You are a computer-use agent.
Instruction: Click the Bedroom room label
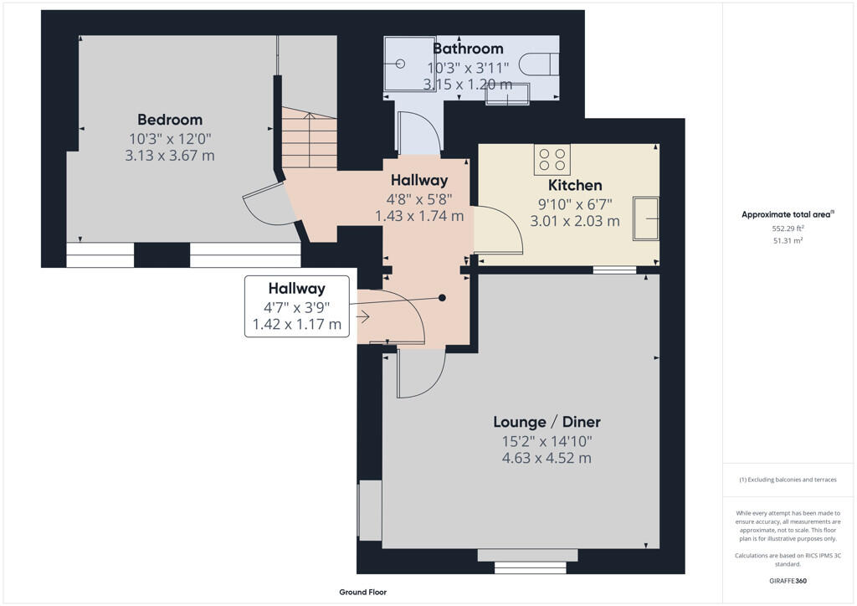click(x=170, y=120)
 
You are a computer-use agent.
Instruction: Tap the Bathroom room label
click(x=468, y=49)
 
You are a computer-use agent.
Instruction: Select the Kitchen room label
click(x=575, y=185)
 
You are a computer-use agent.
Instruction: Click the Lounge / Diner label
click(x=547, y=422)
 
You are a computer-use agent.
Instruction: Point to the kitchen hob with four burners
click(x=552, y=159)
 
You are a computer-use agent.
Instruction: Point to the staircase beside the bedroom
click(x=310, y=138)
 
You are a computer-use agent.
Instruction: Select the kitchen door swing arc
click(x=500, y=230)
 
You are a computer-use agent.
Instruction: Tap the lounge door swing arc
click(x=421, y=373)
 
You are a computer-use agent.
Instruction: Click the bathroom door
click(x=418, y=133)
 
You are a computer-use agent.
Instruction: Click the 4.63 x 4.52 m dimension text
click(x=547, y=459)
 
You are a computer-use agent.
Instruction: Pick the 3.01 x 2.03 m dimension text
click(x=575, y=221)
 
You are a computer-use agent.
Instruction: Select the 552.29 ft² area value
click(x=787, y=228)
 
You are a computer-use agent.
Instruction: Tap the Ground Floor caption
click(x=362, y=592)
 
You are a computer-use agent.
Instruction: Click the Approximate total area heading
click(x=787, y=214)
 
